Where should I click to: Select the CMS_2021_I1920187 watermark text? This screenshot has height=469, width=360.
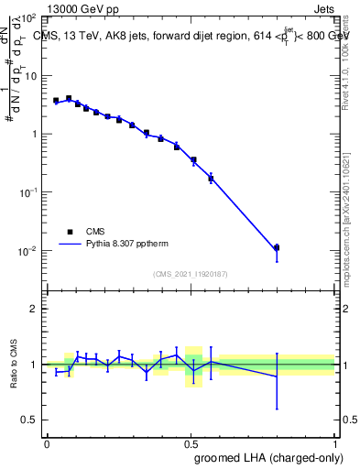(x=191, y=273)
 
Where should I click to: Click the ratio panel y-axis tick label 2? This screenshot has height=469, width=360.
(x=34, y=309)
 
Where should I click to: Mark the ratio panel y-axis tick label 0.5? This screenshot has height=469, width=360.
(x=30, y=420)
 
